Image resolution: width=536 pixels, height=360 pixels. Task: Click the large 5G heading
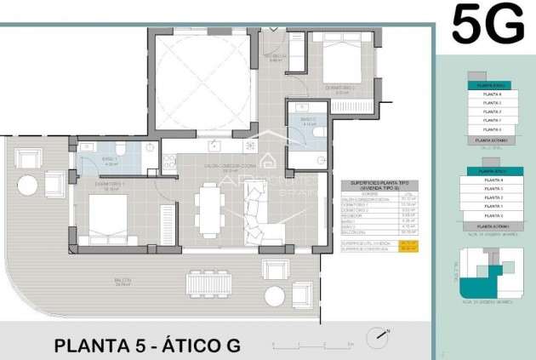tap(488, 24)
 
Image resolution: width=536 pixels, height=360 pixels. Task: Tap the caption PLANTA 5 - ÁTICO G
tap(147, 346)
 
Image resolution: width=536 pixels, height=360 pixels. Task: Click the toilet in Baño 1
tap(121, 151)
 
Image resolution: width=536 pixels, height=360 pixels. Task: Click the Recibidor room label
tap(276, 60)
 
